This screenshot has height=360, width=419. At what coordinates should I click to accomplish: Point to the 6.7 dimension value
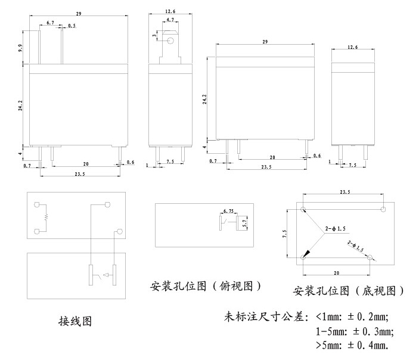[x=50, y=23]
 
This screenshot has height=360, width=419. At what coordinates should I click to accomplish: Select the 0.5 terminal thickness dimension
[x=72, y=26]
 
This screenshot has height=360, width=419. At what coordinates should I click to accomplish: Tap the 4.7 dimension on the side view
[x=170, y=20]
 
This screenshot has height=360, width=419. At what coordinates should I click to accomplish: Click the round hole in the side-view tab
[x=170, y=41]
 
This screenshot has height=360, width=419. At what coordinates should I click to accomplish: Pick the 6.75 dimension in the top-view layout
[x=228, y=211]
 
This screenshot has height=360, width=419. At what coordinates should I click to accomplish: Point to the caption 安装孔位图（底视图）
[x=349, y=291]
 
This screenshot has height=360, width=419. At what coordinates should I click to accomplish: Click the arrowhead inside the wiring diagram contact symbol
[x=104, y=275]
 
